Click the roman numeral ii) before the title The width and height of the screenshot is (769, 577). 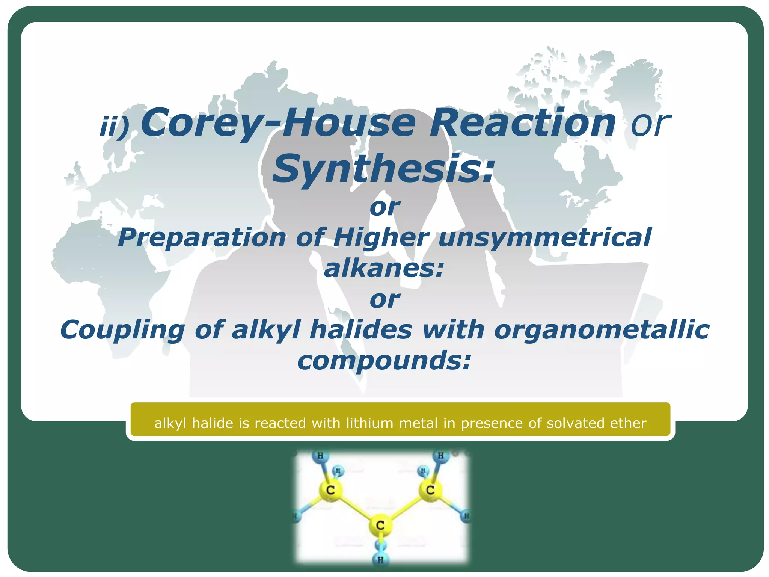(x=114, y=127)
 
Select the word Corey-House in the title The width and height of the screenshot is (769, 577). (x=278, y=123)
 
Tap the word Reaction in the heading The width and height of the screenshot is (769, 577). (x=522, y=122)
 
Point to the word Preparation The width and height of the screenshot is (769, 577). (x=202, y=238)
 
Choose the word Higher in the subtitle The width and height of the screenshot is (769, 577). (x=381, y=238)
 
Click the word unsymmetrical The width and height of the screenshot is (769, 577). (x=545, y=237)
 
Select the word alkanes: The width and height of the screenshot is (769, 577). (x=384, y=268)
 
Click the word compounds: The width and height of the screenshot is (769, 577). (x=384, y=360)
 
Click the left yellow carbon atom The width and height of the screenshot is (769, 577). (x=330, y=490)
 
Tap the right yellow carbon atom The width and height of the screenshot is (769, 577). (x=430, y=490)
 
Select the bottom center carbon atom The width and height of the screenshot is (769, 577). (x=380, y=525)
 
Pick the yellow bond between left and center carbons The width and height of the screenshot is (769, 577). (x=355, y=508)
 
